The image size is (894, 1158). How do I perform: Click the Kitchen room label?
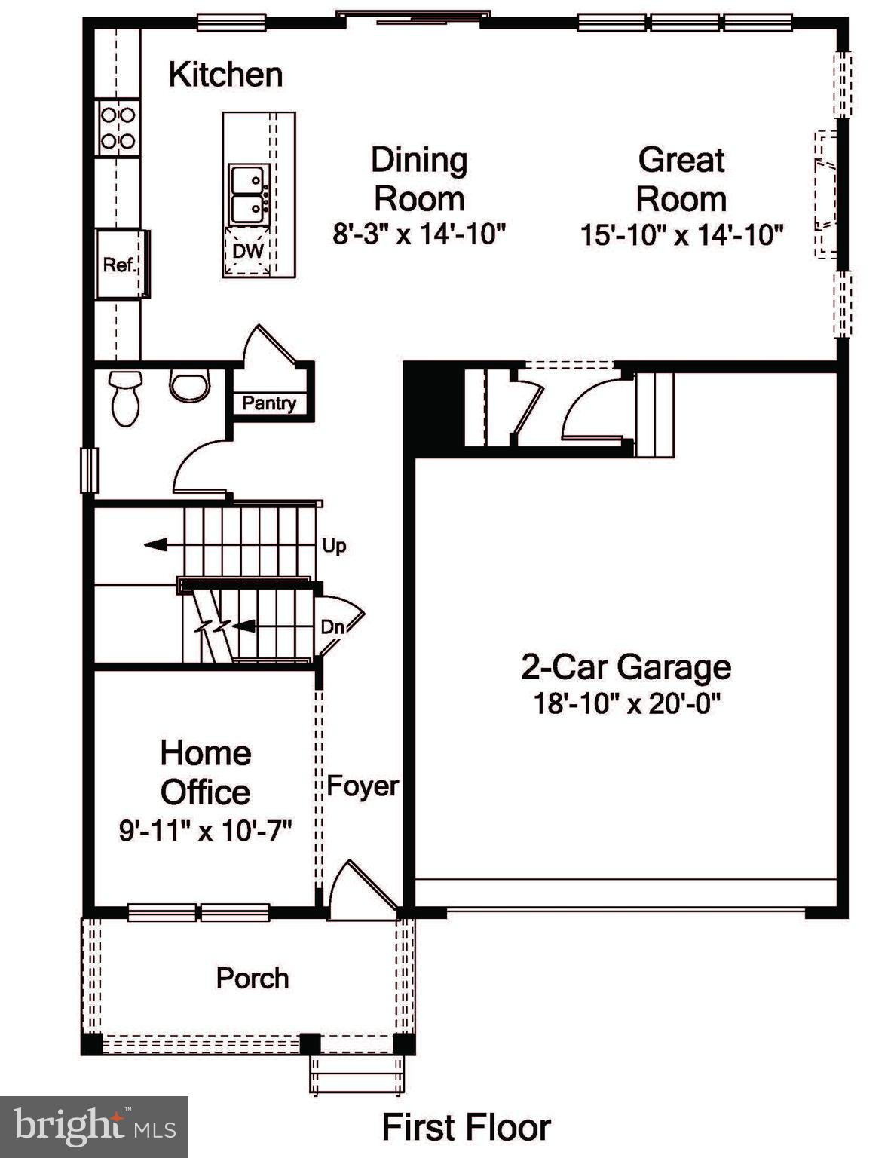point(225,75)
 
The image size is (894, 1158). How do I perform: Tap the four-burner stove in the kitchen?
point(118,128)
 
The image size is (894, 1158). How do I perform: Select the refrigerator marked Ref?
point(120,265)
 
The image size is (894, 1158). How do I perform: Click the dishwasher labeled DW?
point(247,251)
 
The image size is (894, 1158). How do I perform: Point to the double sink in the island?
point(249,195)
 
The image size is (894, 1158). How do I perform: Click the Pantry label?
point(269,403)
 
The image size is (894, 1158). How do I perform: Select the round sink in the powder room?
point(188,385)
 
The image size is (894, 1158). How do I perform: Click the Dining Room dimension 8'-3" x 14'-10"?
point(419,234)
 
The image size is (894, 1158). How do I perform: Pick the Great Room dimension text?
point(681,235)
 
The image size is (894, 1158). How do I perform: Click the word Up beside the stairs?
point(334,545)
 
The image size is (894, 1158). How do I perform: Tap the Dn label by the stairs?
point(332,626)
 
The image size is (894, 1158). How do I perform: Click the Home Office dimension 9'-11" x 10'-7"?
point(205,831)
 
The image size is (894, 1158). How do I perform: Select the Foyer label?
point(363,786)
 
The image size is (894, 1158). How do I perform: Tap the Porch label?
point(253,978)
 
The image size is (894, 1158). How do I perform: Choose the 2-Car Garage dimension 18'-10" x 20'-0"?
point(626,704)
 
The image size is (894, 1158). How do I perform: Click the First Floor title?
point(466,1128)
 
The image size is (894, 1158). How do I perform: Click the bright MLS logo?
point(93,1127)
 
